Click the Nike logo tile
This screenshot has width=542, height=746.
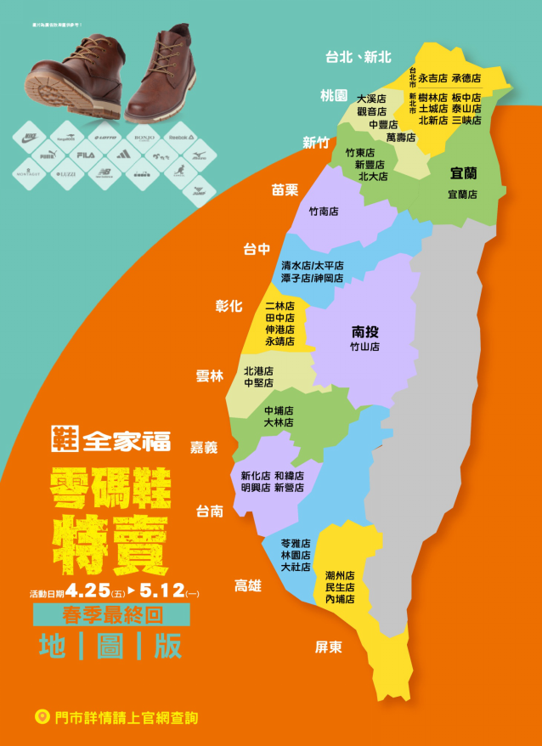31,136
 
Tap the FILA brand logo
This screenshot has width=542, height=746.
85,155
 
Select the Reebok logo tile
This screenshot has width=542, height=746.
182,136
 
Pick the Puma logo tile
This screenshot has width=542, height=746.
48,155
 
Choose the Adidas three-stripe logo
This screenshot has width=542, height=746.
123,155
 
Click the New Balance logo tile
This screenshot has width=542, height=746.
104,174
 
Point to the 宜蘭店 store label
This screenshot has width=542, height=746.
462,195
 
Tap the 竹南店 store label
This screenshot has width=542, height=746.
324,212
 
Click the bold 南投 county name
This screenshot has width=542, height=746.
365,331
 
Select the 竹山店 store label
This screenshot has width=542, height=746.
365,347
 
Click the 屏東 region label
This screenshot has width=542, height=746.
329,647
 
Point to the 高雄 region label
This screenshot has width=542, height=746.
248,585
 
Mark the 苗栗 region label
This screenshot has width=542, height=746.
285,189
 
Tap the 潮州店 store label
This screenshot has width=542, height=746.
340,575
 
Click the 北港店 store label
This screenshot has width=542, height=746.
258,371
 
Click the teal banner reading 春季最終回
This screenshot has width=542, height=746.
111,614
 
